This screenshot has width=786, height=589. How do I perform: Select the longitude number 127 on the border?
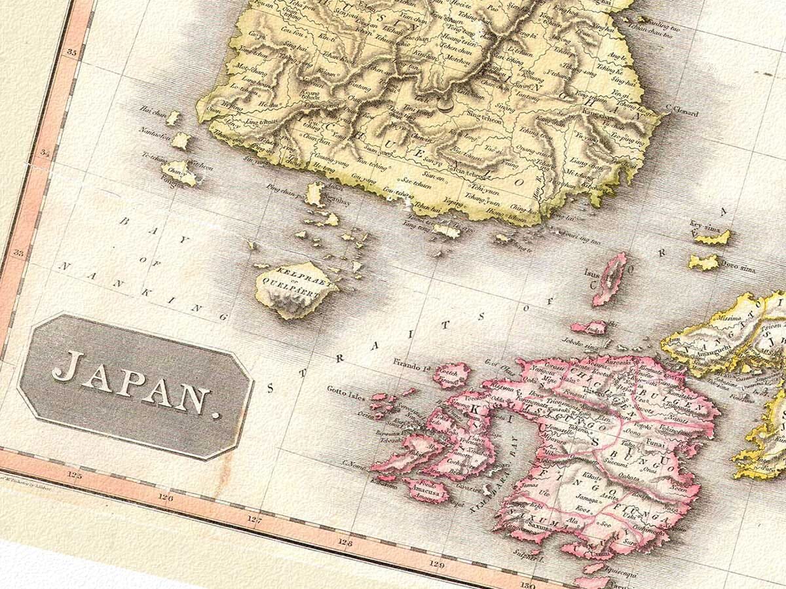255,520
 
